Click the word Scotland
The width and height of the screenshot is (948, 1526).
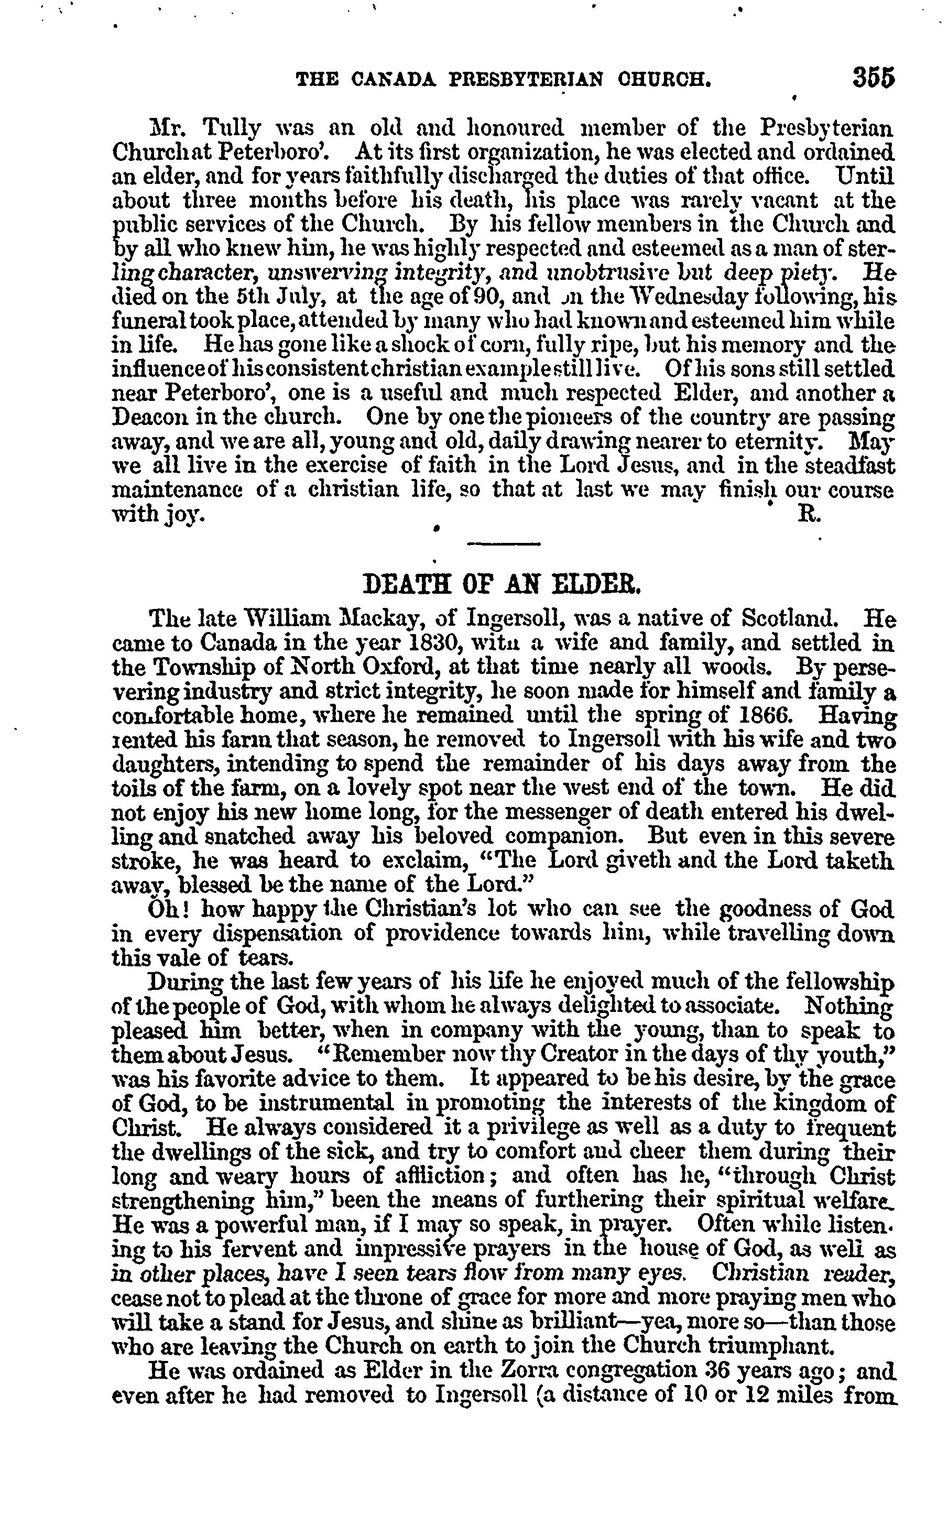pyautogui.click(x=789, y=619)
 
